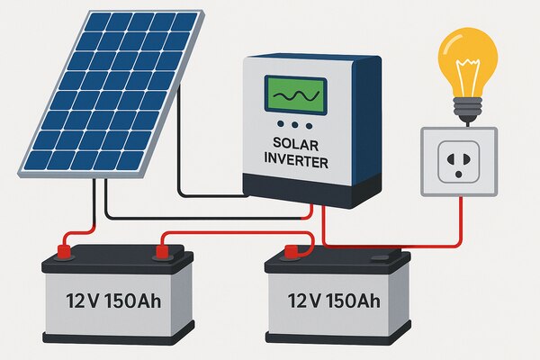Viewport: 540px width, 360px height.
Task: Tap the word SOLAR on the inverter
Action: click(293, 143)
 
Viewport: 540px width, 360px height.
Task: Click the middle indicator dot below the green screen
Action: click(293, 125)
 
